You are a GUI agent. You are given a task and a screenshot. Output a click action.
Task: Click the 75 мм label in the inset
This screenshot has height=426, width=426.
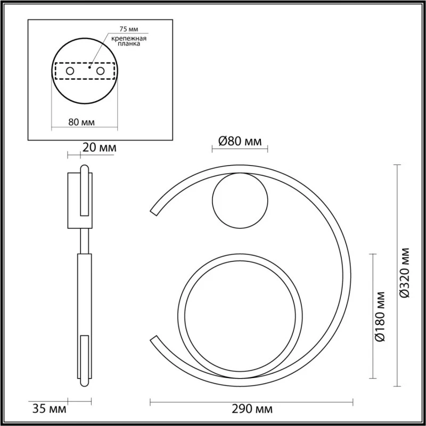pyautogui.click(x=129, y=29)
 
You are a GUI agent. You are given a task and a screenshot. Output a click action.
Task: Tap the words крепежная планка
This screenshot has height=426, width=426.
pyautogui.click(x=129, y=41)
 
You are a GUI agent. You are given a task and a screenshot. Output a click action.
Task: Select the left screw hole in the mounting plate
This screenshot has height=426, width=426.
pyautogui.click(x=70, y=71)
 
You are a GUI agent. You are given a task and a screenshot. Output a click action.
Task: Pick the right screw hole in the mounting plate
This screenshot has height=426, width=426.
pyautogui.click(x=100, y=71)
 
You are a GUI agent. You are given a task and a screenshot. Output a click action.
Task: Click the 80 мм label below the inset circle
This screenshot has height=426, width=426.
pyautogui.click(x=81, y=122)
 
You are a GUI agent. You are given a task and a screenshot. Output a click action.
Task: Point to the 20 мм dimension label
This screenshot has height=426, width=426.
pyautogui.click(x=100, y=148)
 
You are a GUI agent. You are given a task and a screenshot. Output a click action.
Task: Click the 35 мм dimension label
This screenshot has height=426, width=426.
pyautogui.click(x=49, y=408)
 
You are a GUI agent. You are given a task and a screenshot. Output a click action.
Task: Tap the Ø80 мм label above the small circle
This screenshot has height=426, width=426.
pyautogui.click(x=240, y=141)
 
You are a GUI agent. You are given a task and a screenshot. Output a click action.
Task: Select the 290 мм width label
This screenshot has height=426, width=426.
pyautogui.click(x=252, y=408)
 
